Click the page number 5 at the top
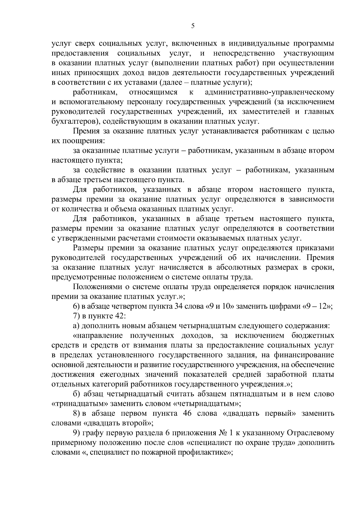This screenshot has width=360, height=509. click(x=193, y=26)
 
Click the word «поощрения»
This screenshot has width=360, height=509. click(x=82, y=141)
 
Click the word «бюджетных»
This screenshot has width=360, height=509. click(x=313, y=336)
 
